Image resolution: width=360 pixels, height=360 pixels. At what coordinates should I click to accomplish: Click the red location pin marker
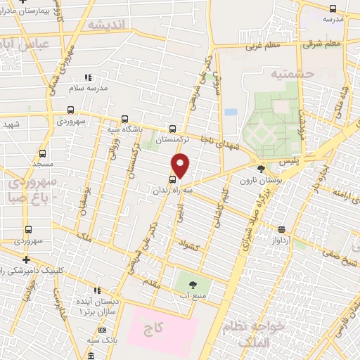coord(181,165)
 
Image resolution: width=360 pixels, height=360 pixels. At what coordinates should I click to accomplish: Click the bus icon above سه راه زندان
coord(173,179)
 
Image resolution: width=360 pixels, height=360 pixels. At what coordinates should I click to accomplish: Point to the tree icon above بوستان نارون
coord(262,169)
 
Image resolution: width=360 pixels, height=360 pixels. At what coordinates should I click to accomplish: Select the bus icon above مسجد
coord(43,153)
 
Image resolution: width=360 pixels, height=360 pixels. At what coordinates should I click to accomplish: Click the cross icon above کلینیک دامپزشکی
coord(27,260)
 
